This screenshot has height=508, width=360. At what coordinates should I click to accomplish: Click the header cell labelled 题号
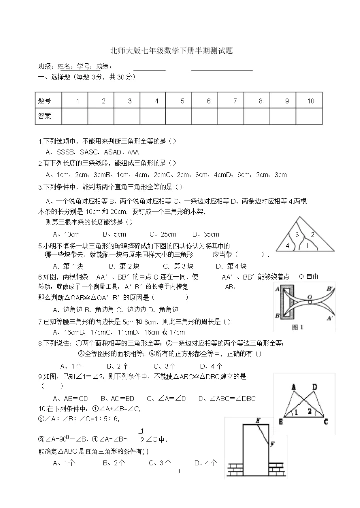pyautogui.click(x=45, y=101)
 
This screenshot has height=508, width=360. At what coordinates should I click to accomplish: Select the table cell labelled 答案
pyautogui.click(x=45, y=116)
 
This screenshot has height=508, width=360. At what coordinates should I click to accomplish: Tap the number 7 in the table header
pyautogui.click(x=235, y=101)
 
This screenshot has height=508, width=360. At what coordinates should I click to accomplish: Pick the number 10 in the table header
pyautogui.click(x=311, y=101)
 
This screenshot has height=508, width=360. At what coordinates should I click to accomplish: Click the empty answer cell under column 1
pyautogui.click(x=78, y=116)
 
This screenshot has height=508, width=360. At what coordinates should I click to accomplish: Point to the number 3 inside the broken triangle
pyautogui.click(x=297, y=235)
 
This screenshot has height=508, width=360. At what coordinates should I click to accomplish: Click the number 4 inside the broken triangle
pyautogui.click(x=287, y=245)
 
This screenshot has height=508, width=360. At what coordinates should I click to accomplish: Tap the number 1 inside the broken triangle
pyautogui.click(x=306, y=245)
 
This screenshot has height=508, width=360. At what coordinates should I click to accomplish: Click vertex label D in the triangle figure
pyautogui.click(x=314, y=387)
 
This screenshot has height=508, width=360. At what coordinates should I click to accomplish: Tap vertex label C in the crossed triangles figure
pyautogui.click(x=326, y=421)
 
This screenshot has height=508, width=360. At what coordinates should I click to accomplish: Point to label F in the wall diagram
pyautogui.click(x=272, y=444)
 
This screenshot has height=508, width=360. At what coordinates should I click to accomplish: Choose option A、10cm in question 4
pyautogui.click(x=66, y=234)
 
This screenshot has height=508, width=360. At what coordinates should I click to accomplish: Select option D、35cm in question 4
pyautogui.click(x=205, y=234)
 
